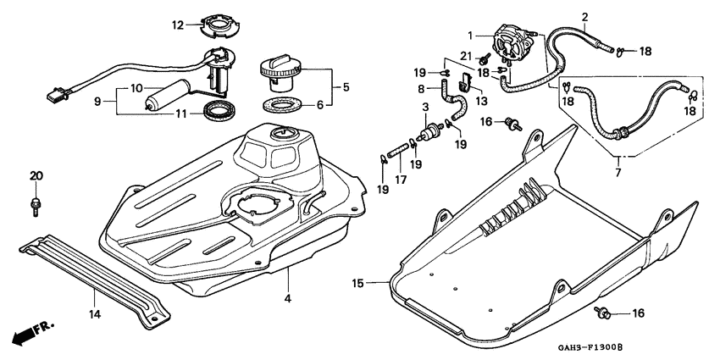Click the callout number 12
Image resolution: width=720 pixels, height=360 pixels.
point(178,25)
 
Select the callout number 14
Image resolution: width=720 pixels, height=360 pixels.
point(95,315)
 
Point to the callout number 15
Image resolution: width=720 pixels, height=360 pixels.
point(358,283)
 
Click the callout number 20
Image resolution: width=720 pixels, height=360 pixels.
point(36,175)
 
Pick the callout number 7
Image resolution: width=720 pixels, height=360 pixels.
point(618,174)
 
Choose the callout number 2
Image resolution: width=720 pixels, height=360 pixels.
point(584,17)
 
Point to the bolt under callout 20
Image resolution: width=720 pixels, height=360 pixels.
point(36,203)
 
